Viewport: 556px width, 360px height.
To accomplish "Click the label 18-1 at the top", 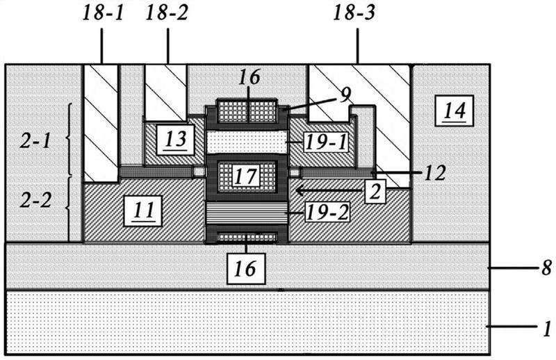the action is tap(103, 13).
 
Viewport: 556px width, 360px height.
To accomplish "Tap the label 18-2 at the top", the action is tap(167, 13).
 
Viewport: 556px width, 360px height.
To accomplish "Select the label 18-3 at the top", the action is tap(354, 13).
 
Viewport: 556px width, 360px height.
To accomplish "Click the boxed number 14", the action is tap(455, 111).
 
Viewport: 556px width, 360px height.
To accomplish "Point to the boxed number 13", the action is tap(176, 140).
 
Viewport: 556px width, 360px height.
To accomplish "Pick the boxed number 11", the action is tap(143, 211).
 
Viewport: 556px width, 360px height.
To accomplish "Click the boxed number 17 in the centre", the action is tap(246, 177).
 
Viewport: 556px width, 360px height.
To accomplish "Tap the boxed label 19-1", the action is tap(326, 143).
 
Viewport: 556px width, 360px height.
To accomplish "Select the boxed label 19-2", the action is tap(327, 213).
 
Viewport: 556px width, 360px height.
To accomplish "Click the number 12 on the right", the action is tap(435, 174).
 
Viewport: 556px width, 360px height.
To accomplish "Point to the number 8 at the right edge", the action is tap(547, 268).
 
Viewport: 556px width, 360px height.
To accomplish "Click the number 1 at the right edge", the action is tap(548, 329).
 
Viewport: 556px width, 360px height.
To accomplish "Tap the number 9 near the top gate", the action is tap(345, 95).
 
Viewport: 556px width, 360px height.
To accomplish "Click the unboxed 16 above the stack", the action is tap(249, 77).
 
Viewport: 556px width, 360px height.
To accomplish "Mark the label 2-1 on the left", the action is tap(35, 142).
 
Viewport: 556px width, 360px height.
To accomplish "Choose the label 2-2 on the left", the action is tap(35, 201).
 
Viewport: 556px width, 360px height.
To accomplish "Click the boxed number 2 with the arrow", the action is tap(375, 192).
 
